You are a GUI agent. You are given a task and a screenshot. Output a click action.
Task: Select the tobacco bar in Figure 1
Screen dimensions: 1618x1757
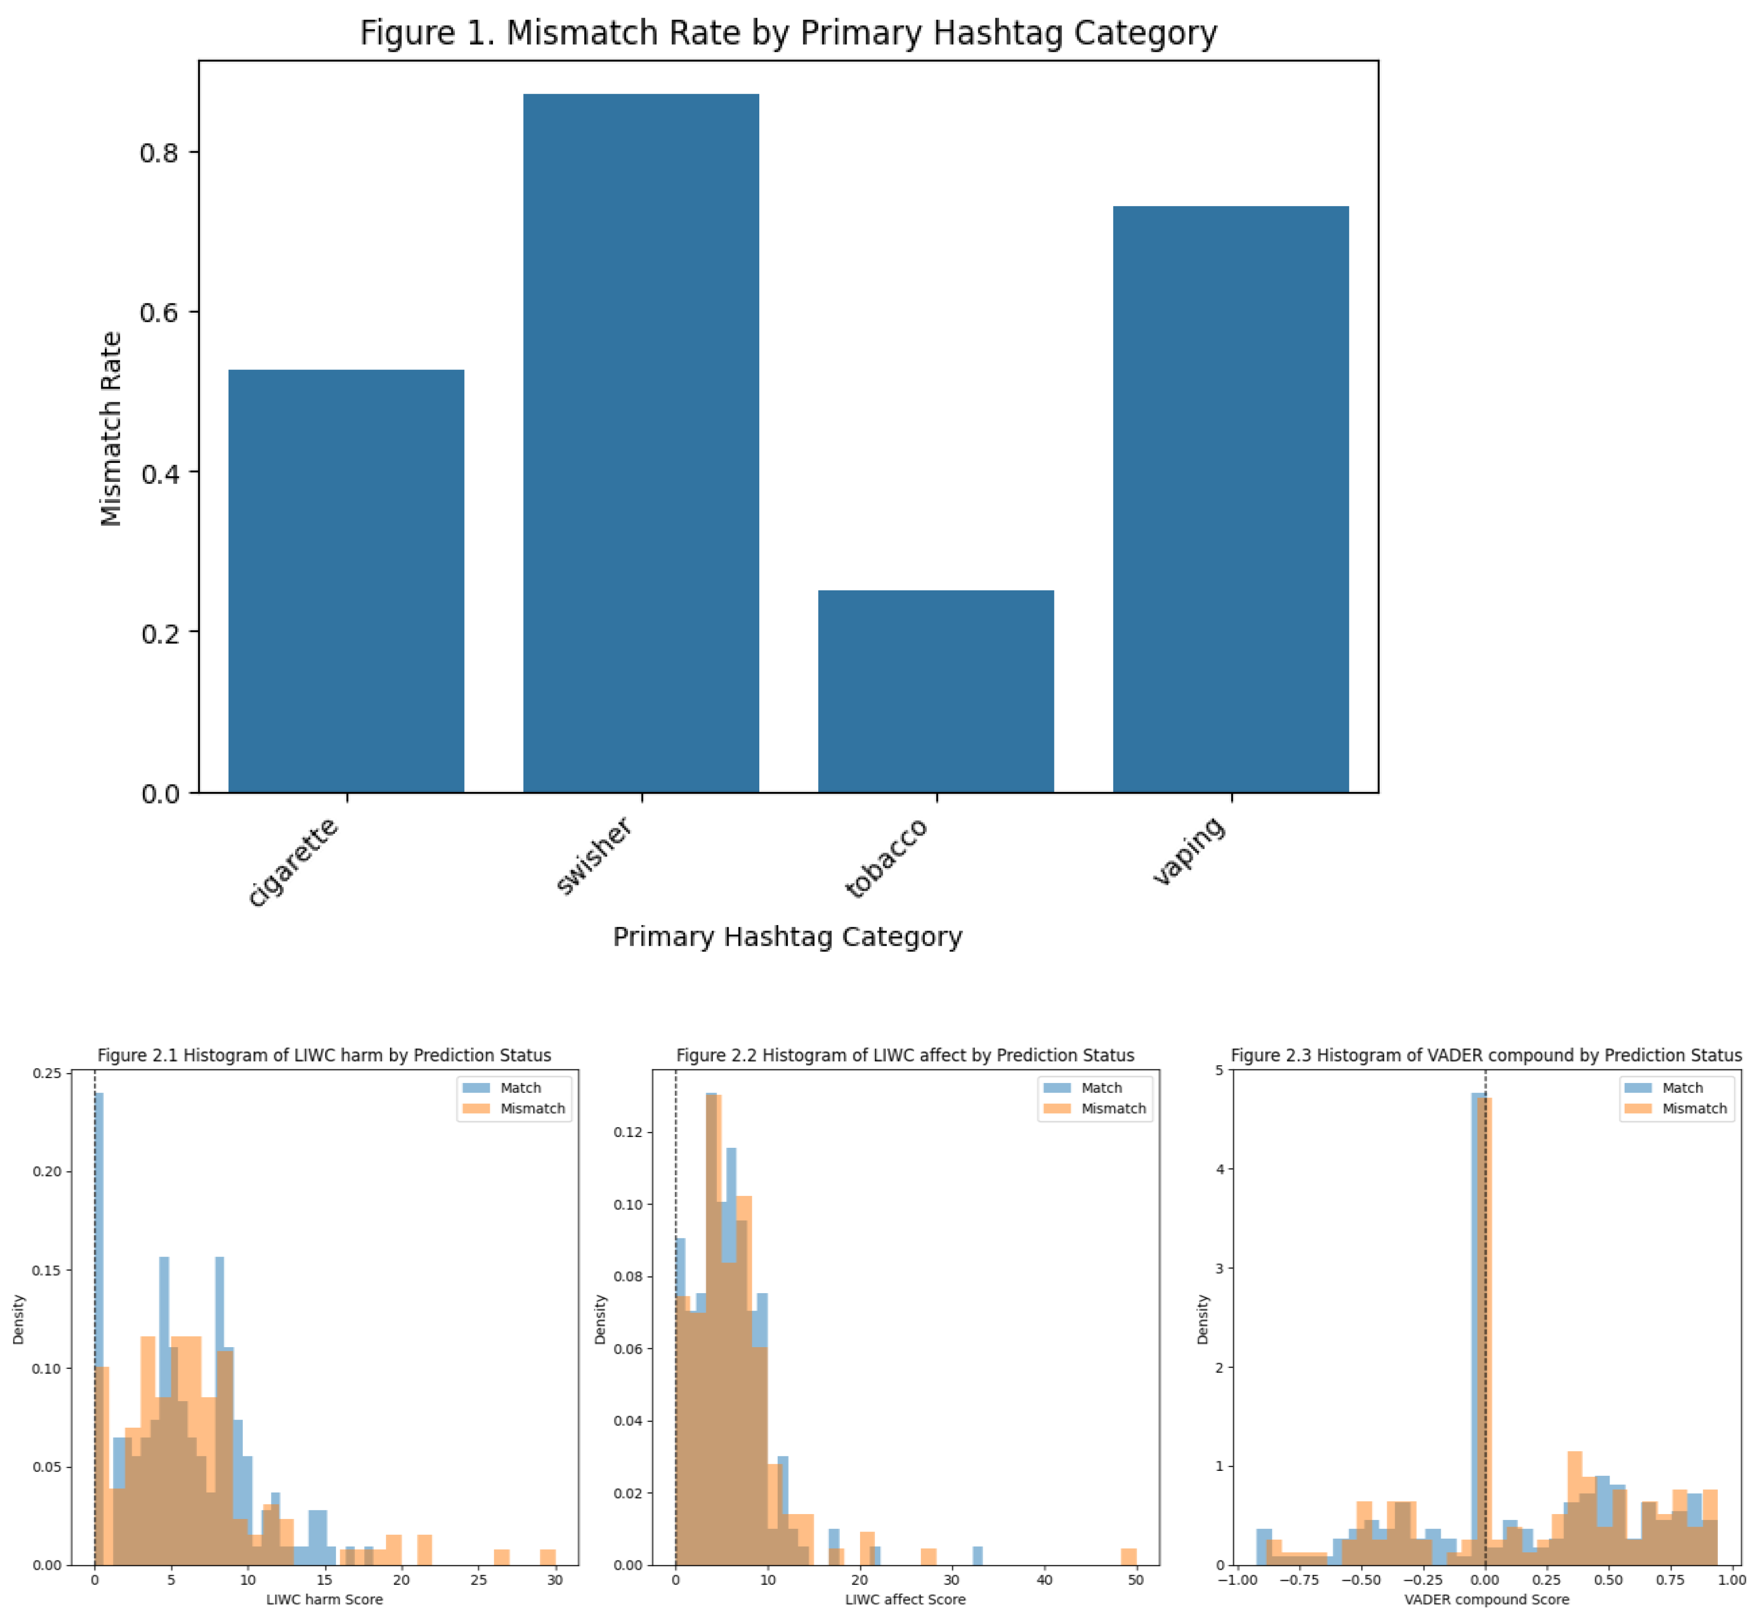pos(935,692)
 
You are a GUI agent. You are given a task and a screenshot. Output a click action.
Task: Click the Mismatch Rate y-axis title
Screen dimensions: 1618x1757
pos(111,428)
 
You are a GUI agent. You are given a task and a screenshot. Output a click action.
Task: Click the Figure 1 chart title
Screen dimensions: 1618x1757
pos(788,33)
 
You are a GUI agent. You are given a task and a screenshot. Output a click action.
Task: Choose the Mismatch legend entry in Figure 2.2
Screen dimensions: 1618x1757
pos(1113,1108)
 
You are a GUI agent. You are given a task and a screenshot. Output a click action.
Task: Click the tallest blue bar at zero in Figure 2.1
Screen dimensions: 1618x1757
pos(99,1313)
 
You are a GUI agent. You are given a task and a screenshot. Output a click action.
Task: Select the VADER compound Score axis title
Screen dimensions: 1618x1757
pos(1487,1600)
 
